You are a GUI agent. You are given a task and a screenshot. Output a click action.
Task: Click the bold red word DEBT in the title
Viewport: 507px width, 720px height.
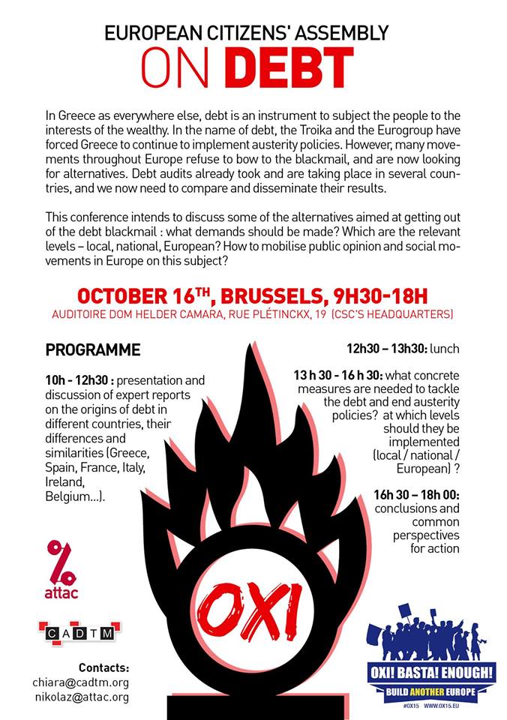pos(289,67)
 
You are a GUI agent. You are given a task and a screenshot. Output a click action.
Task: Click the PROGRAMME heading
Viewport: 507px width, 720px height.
pos(93,350)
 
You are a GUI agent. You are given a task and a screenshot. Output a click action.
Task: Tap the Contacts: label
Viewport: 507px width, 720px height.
pos(103,667)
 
